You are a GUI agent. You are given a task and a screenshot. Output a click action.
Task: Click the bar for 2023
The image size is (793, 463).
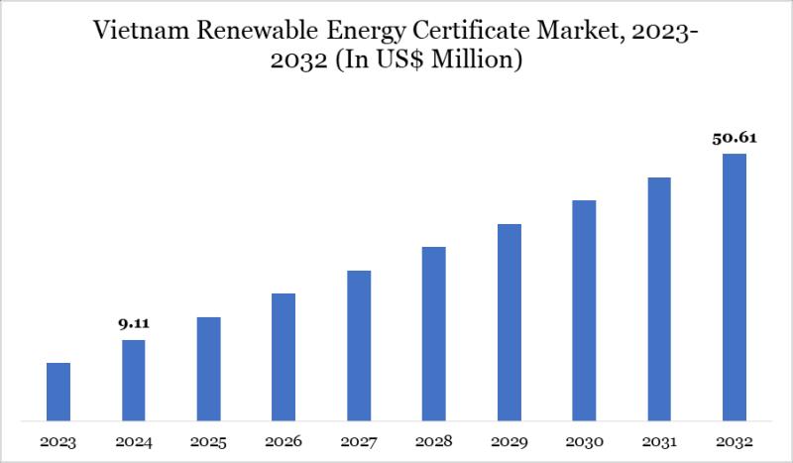(58, 391)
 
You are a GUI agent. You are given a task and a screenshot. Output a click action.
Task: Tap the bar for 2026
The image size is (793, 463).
(283, 356)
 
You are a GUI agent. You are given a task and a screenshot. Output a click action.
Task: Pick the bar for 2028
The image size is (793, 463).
(434, 333)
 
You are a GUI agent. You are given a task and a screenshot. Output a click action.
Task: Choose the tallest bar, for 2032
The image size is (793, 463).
(735, 287)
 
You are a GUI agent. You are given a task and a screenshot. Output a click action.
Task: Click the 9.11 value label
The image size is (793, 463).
(134, 323)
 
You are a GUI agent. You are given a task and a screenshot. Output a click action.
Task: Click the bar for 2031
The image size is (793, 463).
(659, 298)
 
